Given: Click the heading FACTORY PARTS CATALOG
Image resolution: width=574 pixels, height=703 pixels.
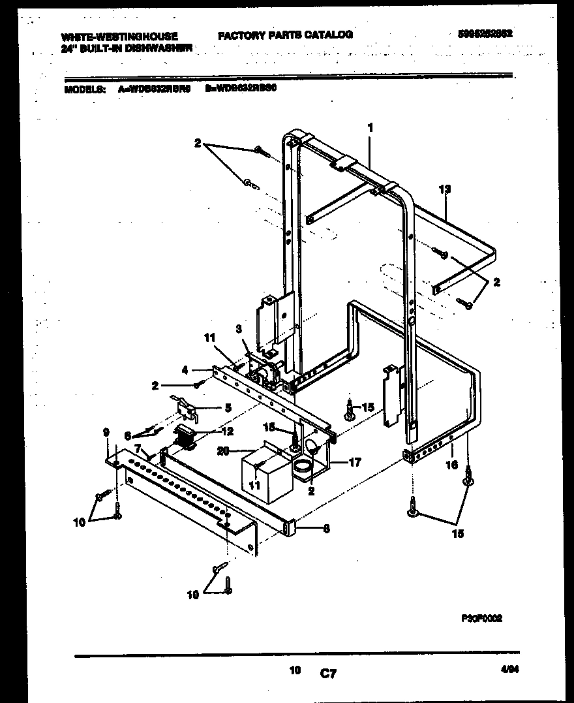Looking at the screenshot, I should click(285, 35).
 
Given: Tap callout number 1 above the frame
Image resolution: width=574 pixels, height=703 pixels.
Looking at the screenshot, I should click(370, 129).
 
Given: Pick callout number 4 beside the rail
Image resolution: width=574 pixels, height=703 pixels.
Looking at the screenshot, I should click(185, 369).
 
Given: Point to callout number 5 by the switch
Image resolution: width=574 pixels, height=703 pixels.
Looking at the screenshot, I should click(228, 408).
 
